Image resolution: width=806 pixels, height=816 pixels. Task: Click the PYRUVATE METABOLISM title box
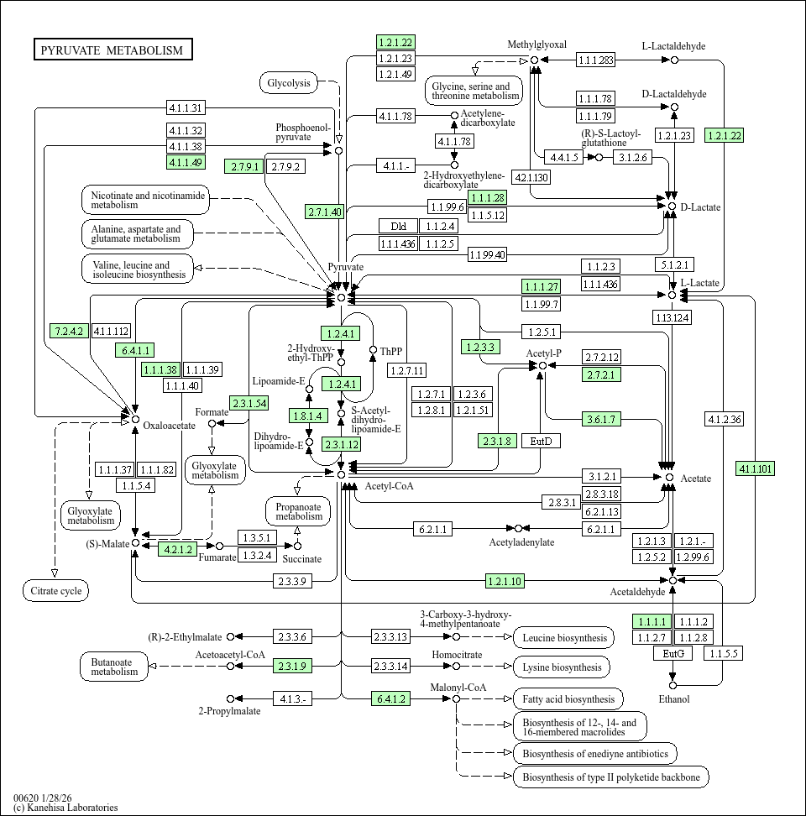click(113, 50)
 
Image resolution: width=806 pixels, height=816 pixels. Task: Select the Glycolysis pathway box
click(289, 82)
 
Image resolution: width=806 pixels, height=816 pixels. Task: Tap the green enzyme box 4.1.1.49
click(186, 162)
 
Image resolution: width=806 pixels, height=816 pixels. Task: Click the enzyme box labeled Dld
click(398, 226)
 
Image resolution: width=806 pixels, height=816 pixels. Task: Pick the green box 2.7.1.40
click(324, 212)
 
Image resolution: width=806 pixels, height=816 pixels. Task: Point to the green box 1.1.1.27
click(541, 286)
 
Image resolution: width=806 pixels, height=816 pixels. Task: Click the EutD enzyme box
click(541, 441)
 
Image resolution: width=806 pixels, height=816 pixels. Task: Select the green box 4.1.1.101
click(755, 468)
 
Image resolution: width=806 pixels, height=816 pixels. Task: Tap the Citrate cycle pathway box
click(55, 591)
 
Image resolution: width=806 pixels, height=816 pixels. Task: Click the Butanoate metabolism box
click(114, 666)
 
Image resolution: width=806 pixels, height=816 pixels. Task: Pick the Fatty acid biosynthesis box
click(568, 698)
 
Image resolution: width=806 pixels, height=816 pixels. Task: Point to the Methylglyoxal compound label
click(536, 44)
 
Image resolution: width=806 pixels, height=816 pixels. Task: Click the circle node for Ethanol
click(673, 685)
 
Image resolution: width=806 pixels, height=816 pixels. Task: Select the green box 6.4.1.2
click(391, 698)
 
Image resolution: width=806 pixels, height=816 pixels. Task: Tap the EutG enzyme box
click(673, 653)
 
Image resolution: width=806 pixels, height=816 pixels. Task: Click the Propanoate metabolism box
click(298, 510)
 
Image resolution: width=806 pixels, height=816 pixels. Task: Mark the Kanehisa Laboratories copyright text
click(65, 808)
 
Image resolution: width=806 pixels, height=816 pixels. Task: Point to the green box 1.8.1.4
click(307, 415)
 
